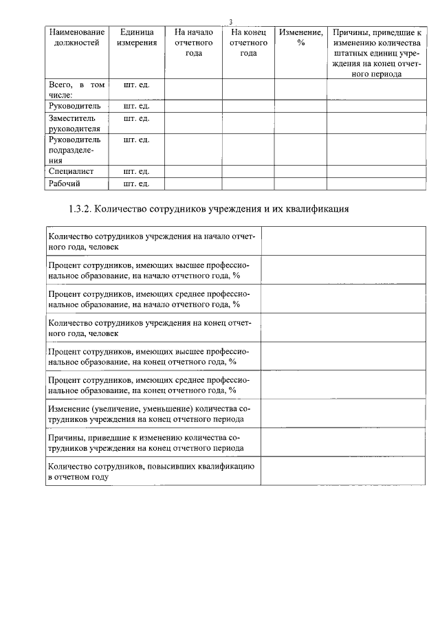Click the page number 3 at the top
pos(231,22)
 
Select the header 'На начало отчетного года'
pos(193,43)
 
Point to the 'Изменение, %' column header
pos(301,37)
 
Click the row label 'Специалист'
pos(71,171)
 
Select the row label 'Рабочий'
pos(65,184)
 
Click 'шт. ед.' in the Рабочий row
pos(136,184)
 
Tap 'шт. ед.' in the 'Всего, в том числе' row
pos(136,85)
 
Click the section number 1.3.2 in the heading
pos(84,208)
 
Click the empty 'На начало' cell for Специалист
pos(193,171)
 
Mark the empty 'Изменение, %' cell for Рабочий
pos(301,184)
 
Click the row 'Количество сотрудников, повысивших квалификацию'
pos(152,471)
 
